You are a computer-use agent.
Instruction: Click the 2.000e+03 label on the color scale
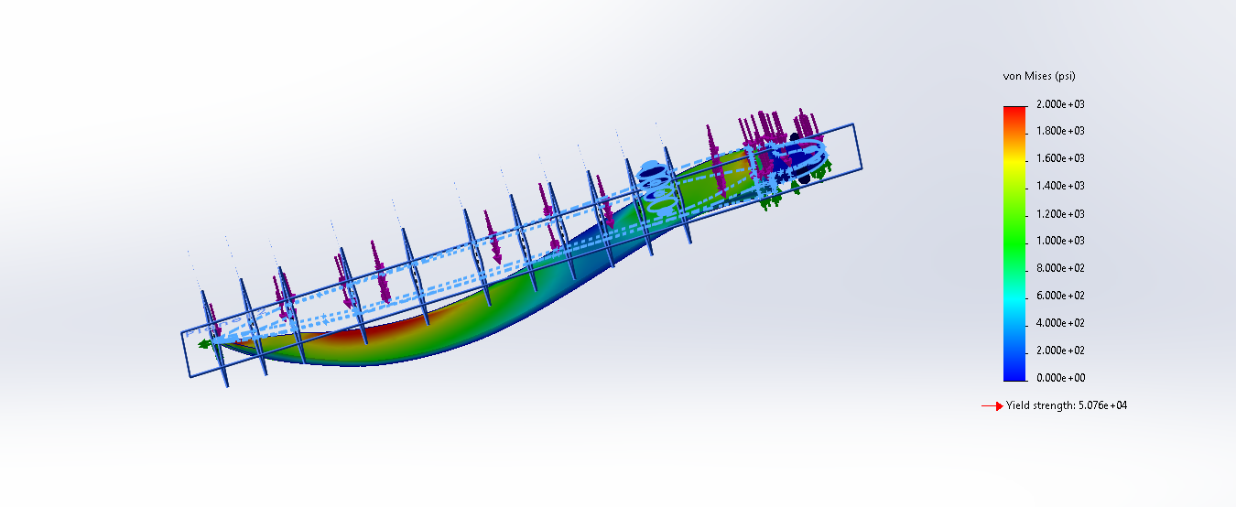pyautogui.click(x=1060, y=104)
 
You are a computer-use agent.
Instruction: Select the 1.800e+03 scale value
pyautogui.click(x=1060, y=131)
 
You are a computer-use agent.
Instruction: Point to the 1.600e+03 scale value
pyautogui.click(x=1060, y=158)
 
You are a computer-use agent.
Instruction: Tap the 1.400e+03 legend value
pyautogui.click(x=1060, y=186)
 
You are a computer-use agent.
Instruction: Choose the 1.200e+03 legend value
pyautogui.click(x=1060, y=213)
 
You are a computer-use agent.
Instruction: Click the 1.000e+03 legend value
pyautogui.click(x=1060, y=241)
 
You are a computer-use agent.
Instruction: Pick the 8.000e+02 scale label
pyautogui.click(x=1060, y=268)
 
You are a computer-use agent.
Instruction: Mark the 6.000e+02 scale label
pyautogui.click(x=1060, y=296)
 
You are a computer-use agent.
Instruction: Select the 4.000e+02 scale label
pyautogui.click(x=1060, y=323)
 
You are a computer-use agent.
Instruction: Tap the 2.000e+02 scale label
pyautogui.click(x=1060, y=351)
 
